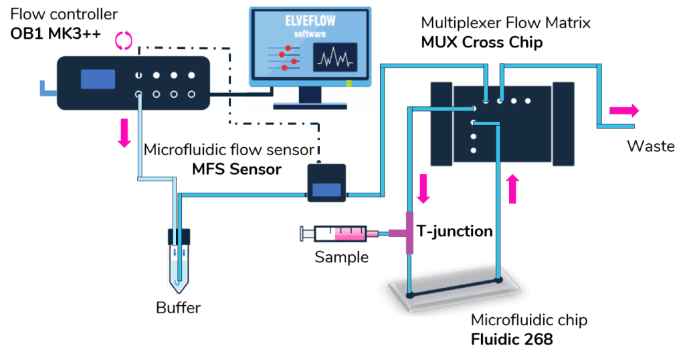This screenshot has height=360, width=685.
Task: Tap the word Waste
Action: tap(650, 147)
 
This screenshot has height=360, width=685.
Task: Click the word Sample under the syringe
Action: tap(341, 256)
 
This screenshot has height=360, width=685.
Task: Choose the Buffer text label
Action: tap(178, 308)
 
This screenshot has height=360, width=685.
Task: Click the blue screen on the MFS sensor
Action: tap(326, 189)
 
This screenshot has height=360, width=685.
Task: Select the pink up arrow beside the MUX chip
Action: tap(513, 189)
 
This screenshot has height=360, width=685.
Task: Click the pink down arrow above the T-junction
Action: tap(423, 189)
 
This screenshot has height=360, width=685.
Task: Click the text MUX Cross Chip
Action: tap(481, 41)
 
